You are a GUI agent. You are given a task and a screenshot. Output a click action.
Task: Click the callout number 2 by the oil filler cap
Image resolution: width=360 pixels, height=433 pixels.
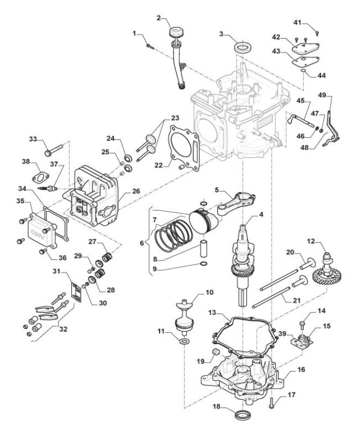pos(159,18)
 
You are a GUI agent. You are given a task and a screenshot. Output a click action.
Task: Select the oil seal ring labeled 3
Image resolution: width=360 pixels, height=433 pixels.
pos(242,47)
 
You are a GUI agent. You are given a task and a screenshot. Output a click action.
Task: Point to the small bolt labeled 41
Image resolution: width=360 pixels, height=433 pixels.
pos(317,33)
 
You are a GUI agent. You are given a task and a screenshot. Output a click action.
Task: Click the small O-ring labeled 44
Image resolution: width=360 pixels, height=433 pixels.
pos(303,71)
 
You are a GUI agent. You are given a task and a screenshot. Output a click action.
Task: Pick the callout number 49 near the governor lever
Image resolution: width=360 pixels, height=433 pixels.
pos(322,95)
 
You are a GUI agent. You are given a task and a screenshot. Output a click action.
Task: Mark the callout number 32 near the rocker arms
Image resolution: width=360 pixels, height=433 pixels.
pos(63,329)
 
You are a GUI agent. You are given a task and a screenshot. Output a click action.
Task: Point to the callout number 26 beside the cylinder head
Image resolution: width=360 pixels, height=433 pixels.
pos(136,191)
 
